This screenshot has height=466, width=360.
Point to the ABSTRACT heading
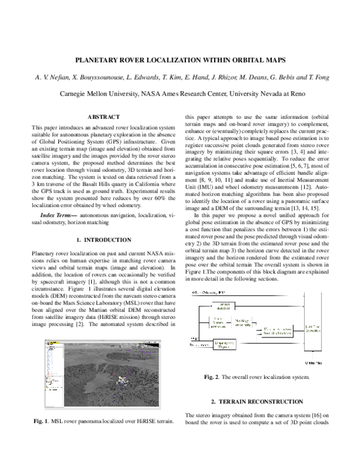click(104, 116)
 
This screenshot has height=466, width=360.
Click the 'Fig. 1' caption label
click(43, 421)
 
